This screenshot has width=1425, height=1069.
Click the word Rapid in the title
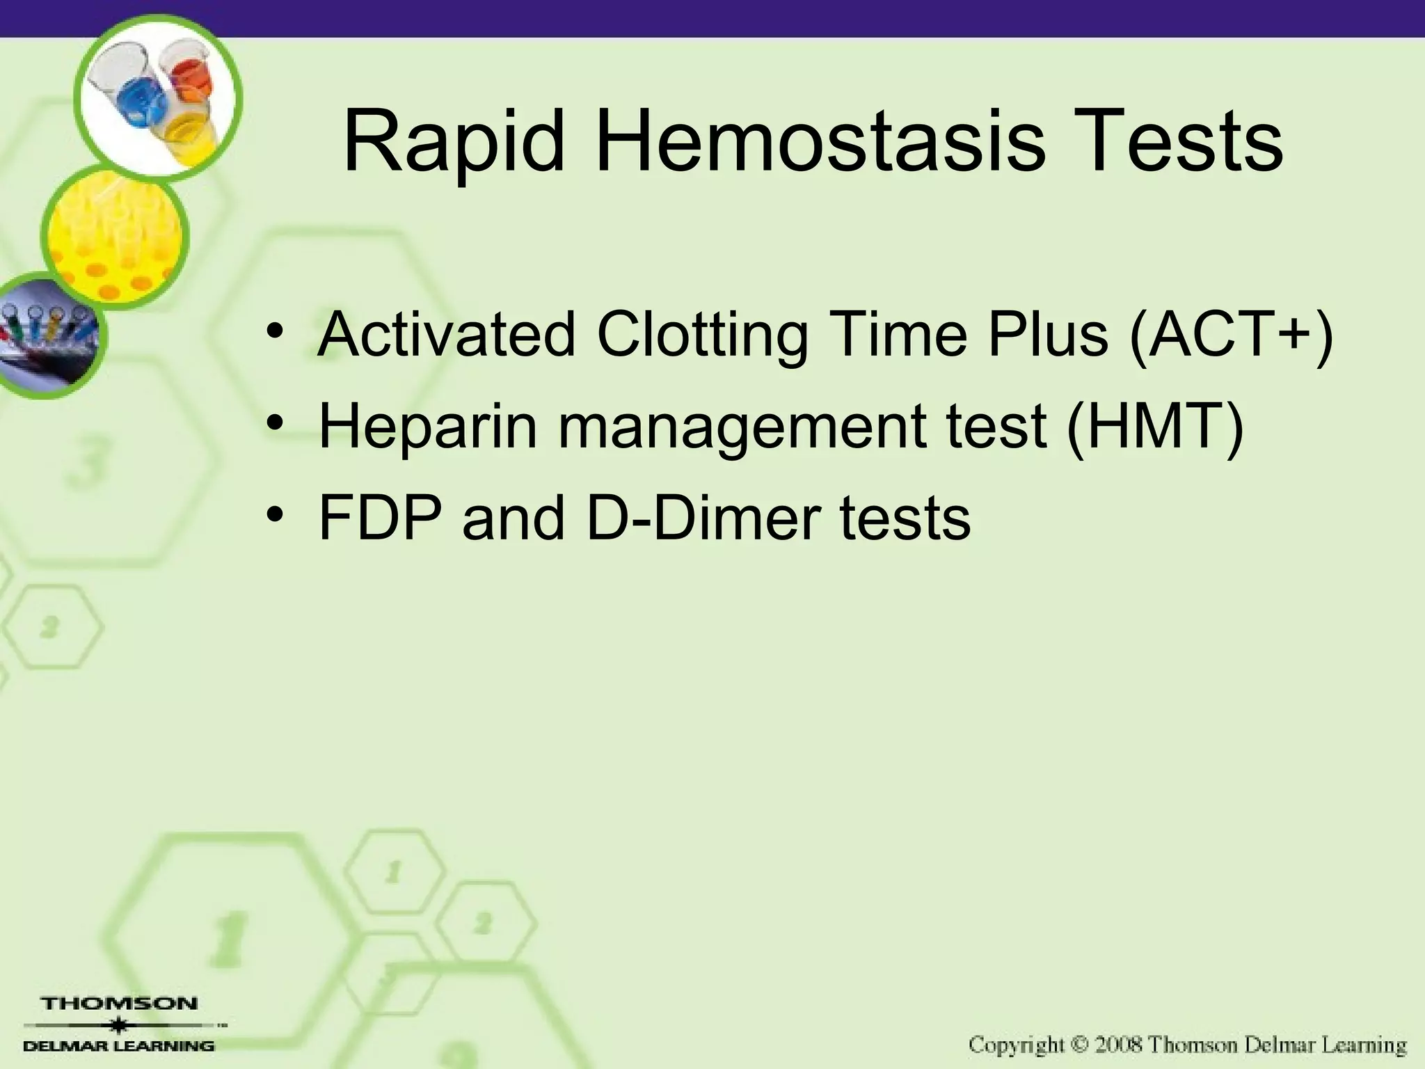pyautogui.click(x=454, y=143)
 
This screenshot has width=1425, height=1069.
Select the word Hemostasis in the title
pyautogui.click(x=820, y=142)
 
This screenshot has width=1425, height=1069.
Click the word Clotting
pyautogui.click(x=703, y=335)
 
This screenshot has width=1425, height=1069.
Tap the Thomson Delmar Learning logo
pyautogui.click(x=120, y=1024)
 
